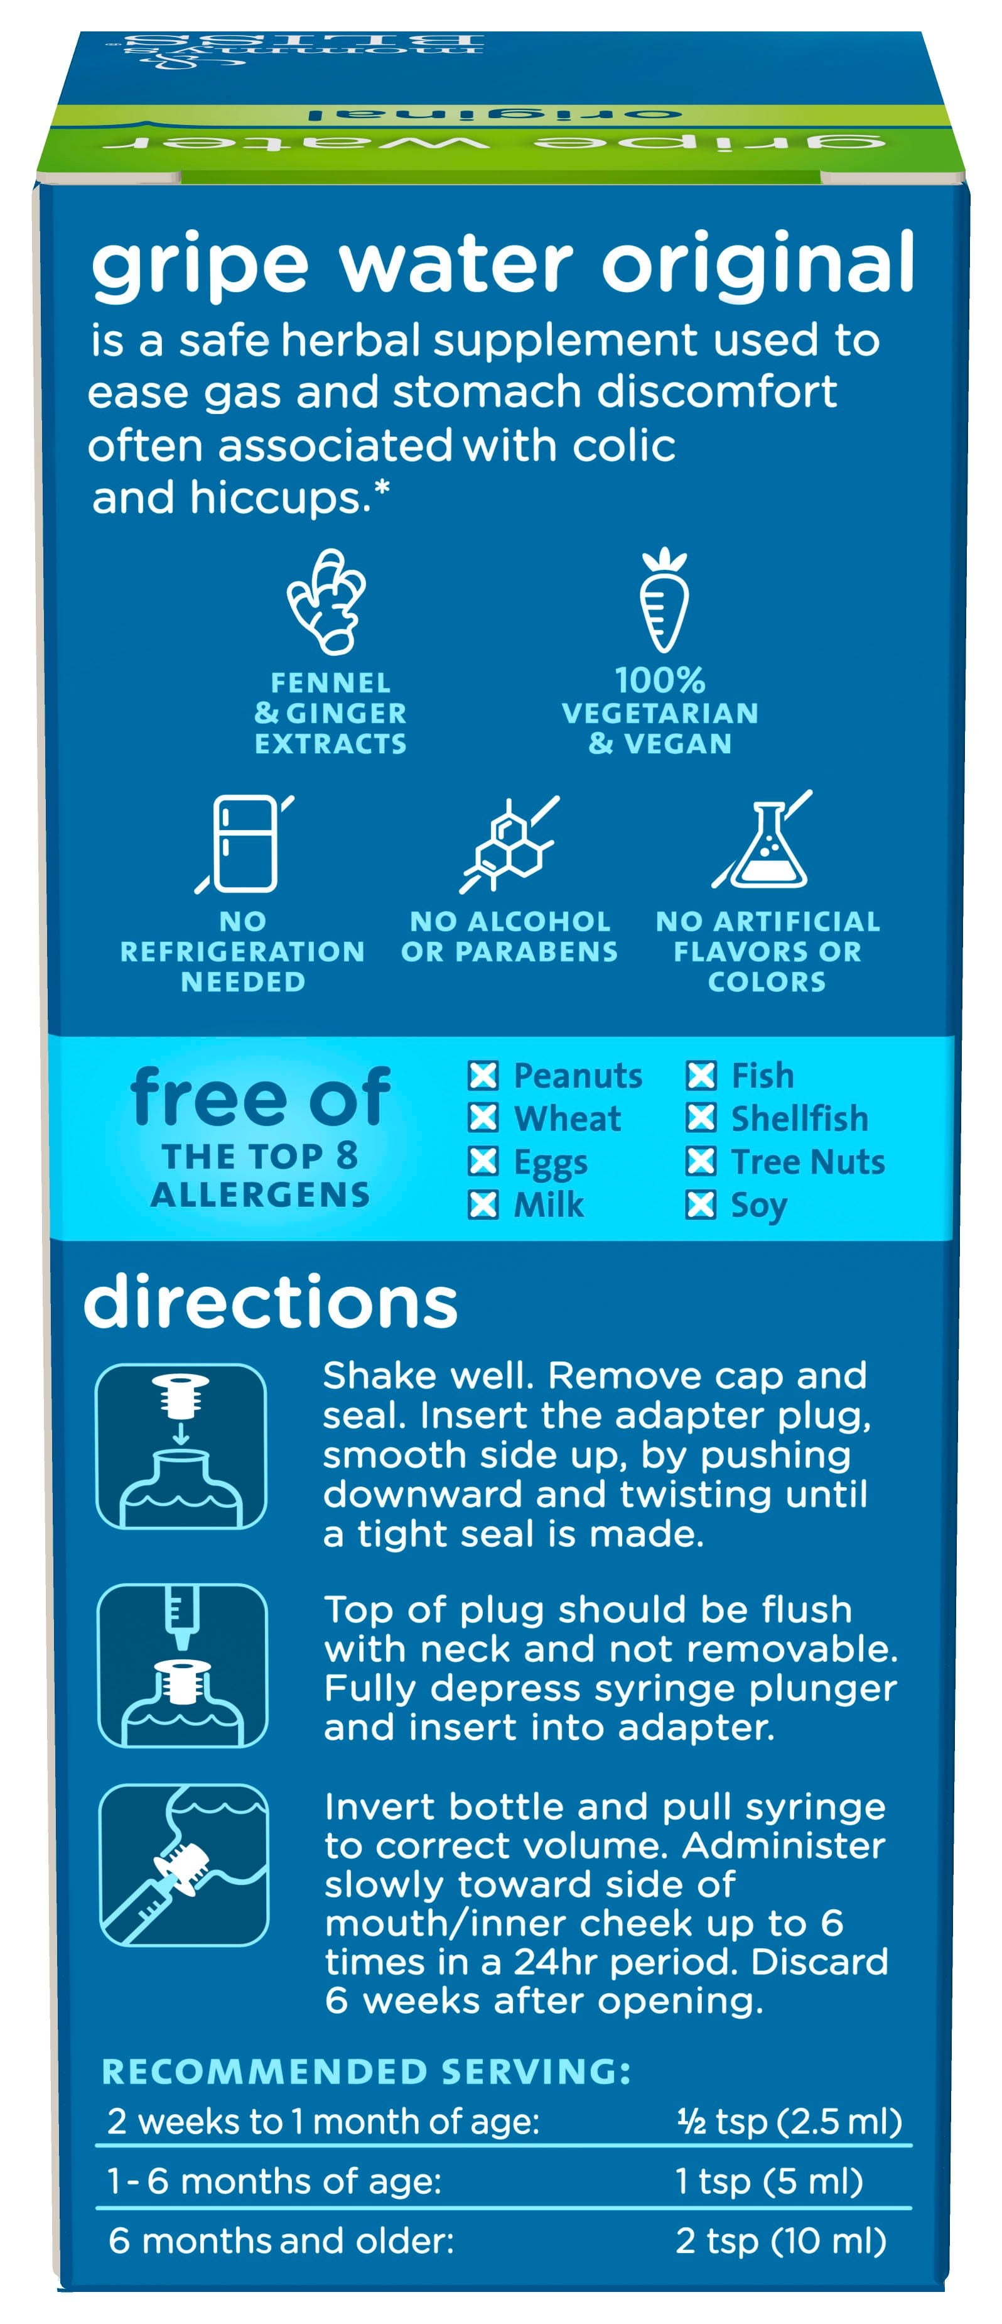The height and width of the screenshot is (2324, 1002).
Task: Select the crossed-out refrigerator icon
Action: click(244, 844)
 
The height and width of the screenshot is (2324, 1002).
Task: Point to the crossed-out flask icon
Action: click(763, 840)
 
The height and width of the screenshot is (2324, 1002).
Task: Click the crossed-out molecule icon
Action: click(510, 844)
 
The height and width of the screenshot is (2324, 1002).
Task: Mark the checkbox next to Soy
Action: click(701, 1204)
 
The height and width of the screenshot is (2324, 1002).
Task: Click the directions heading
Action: click(271, 1303)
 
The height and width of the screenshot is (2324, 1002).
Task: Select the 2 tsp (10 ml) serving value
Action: click(781, 2242)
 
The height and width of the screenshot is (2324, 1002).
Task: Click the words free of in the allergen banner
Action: click(261, 1097)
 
